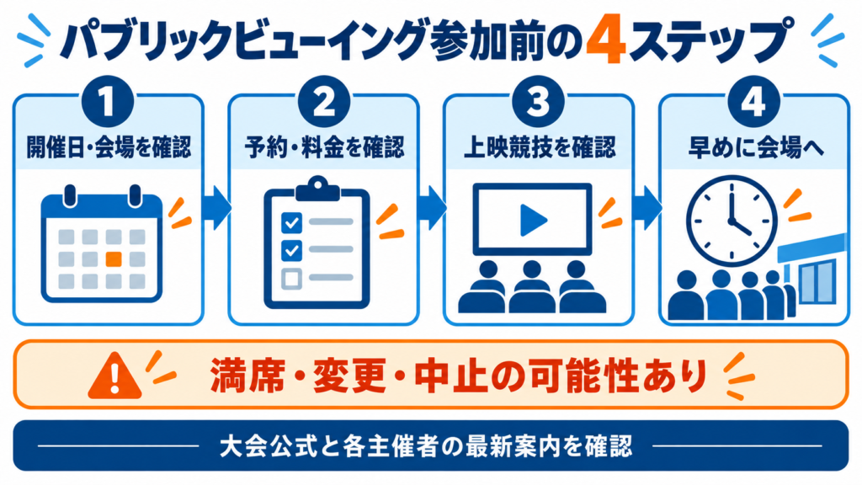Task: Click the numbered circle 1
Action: pos(108,102)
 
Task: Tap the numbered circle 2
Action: pos(324,102)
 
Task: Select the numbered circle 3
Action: pos(538,102)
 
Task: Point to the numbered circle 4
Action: pos(753,102)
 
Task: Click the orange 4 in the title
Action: pos(605,42)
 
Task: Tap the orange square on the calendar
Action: pos(114,259)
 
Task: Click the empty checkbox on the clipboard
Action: pos(291,278)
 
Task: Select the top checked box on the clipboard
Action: pos(291,222)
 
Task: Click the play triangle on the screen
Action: pos(533,220)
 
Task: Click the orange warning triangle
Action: pos(114,375)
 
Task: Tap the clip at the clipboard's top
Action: pos(317,189)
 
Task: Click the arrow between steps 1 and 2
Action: pos(216,208)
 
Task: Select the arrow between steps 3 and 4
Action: pos(647,208)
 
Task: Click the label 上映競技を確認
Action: pos(540,147)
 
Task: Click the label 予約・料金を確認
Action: pos(324,147)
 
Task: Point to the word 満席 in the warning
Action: pos(247,376)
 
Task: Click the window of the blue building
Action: pos(818,281)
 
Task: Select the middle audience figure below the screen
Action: pos(532,287)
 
